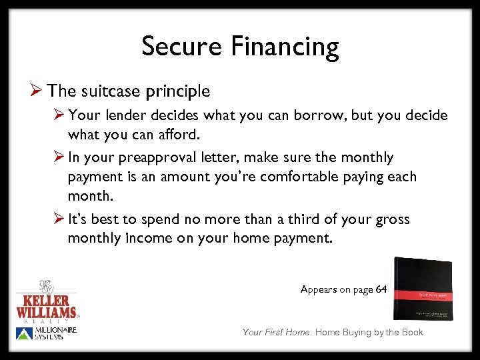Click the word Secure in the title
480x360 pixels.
(x=181, y=47)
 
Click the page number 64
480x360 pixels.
(x=381, y=289)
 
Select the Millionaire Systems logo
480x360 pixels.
(x=47, y=333)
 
